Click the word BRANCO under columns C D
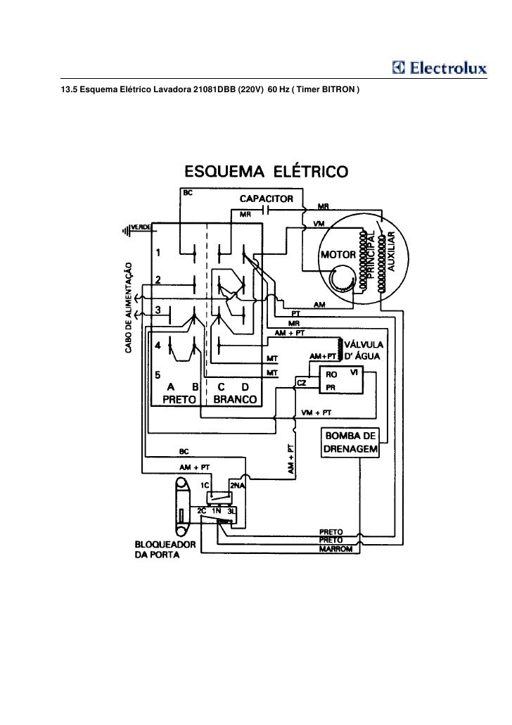point(235,398)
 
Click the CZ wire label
point(301,381)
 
